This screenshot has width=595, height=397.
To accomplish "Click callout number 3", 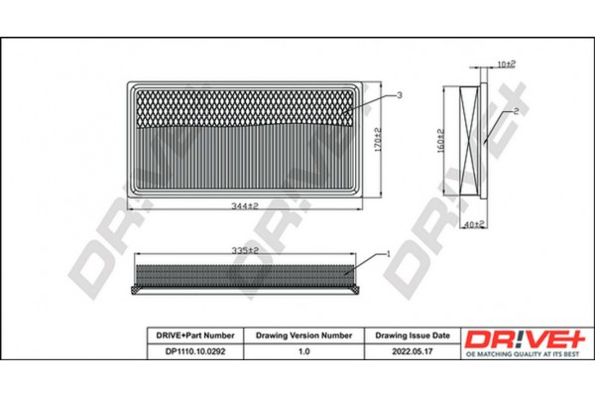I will [x=398, y=94].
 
